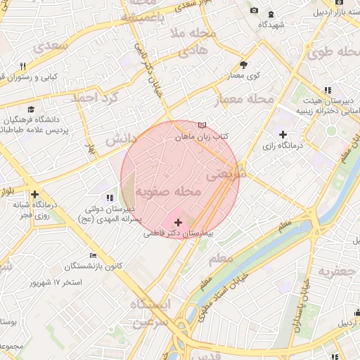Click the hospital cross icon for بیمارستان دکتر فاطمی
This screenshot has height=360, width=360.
click(x=177, y=222)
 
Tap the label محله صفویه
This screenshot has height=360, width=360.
click(x=169, y=191)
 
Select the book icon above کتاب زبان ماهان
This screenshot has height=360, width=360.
click(x=202, y=125)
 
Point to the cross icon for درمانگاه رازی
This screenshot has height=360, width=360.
click(x=283, y=134)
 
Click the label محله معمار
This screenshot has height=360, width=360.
click(x=244, y=99)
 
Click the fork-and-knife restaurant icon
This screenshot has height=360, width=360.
click(x=22, y=66)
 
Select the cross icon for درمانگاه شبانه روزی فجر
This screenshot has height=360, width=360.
click(x=34, y=194)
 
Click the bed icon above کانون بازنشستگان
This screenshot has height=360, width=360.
click(x=93, y=256)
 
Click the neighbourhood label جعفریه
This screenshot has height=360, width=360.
click(x=334, y=271)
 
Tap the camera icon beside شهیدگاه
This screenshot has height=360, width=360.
click(x=254, y=11)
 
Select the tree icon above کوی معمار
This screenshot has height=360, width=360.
click(x=243, y=63)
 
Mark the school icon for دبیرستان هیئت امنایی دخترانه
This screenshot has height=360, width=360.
click(x=328, y=90)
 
